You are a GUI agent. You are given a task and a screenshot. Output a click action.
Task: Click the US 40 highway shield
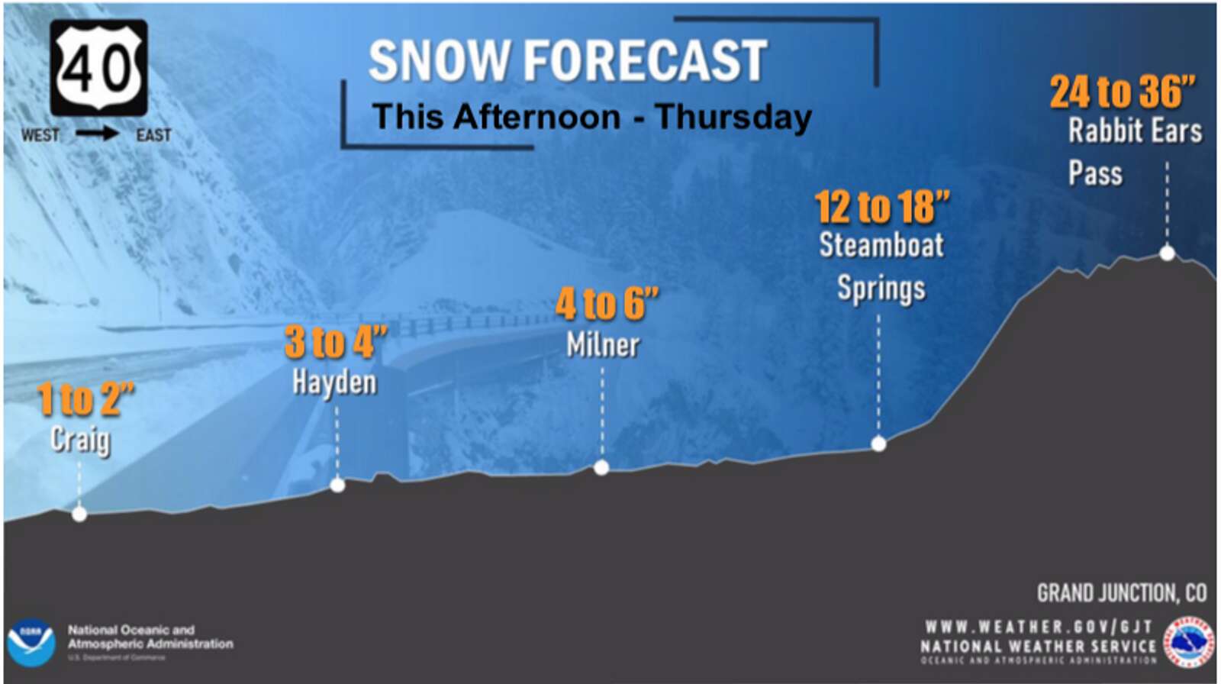pos(98,68)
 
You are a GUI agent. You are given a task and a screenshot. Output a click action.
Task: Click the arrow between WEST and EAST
pos(97,134)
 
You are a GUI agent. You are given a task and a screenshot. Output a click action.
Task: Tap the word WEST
pos(40,135)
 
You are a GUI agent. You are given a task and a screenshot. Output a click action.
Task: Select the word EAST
pos(153,135)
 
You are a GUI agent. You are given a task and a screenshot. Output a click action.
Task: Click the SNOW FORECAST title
pos(568,61)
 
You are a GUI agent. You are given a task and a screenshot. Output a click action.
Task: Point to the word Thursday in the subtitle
pos(733,118)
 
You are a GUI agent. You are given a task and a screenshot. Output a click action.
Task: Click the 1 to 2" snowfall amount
pos(85,399)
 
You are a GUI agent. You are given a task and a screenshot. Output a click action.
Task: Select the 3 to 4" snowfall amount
pos(336,342)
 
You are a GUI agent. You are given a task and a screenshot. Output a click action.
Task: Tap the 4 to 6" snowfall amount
pos(607,304)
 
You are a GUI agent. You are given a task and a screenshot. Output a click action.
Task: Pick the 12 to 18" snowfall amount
pos(881,207)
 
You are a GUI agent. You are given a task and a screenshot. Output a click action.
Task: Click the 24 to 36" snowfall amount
pos(1122,92)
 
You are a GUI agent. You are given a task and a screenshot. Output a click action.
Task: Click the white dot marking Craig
pos(79,514)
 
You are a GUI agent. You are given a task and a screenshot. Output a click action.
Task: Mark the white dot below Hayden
pos(337,485)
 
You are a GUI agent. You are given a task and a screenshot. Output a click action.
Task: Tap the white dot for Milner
pos(601,468)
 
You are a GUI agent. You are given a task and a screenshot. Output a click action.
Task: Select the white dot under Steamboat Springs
pos(878,444)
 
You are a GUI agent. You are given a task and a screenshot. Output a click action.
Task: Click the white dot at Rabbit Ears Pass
pos(1167,253)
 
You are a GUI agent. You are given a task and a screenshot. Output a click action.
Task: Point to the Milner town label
pos(603,346)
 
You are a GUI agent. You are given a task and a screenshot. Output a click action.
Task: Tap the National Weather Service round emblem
pos(1188,641)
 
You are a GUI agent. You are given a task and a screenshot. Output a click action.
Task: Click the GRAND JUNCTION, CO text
pos(1121,593)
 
